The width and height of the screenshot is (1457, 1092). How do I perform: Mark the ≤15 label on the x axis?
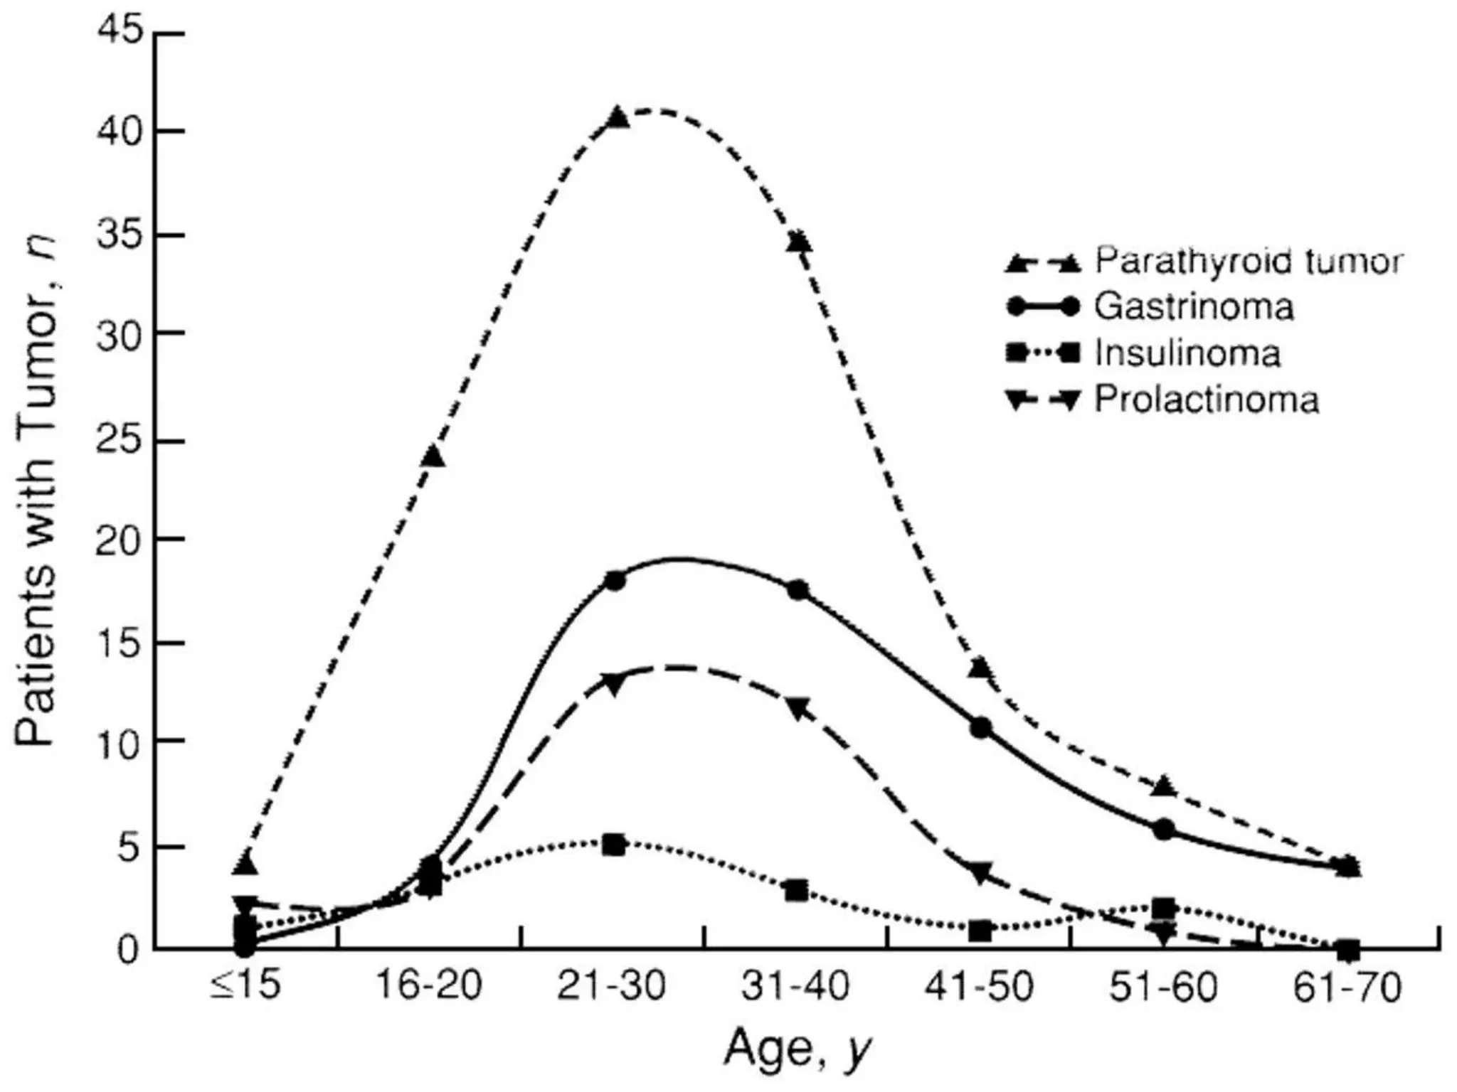pos(245,986)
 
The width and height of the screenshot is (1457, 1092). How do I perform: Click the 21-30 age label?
pos(612,986)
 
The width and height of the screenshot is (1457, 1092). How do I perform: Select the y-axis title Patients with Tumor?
pos(36,491)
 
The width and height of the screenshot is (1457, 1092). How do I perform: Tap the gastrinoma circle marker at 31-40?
pos(798,589)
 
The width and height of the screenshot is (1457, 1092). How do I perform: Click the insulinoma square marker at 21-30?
pos(614,845)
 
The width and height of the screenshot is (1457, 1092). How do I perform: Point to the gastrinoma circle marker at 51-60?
pos(1164,830)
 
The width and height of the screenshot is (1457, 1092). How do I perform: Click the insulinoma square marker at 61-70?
pos(1347,949)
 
